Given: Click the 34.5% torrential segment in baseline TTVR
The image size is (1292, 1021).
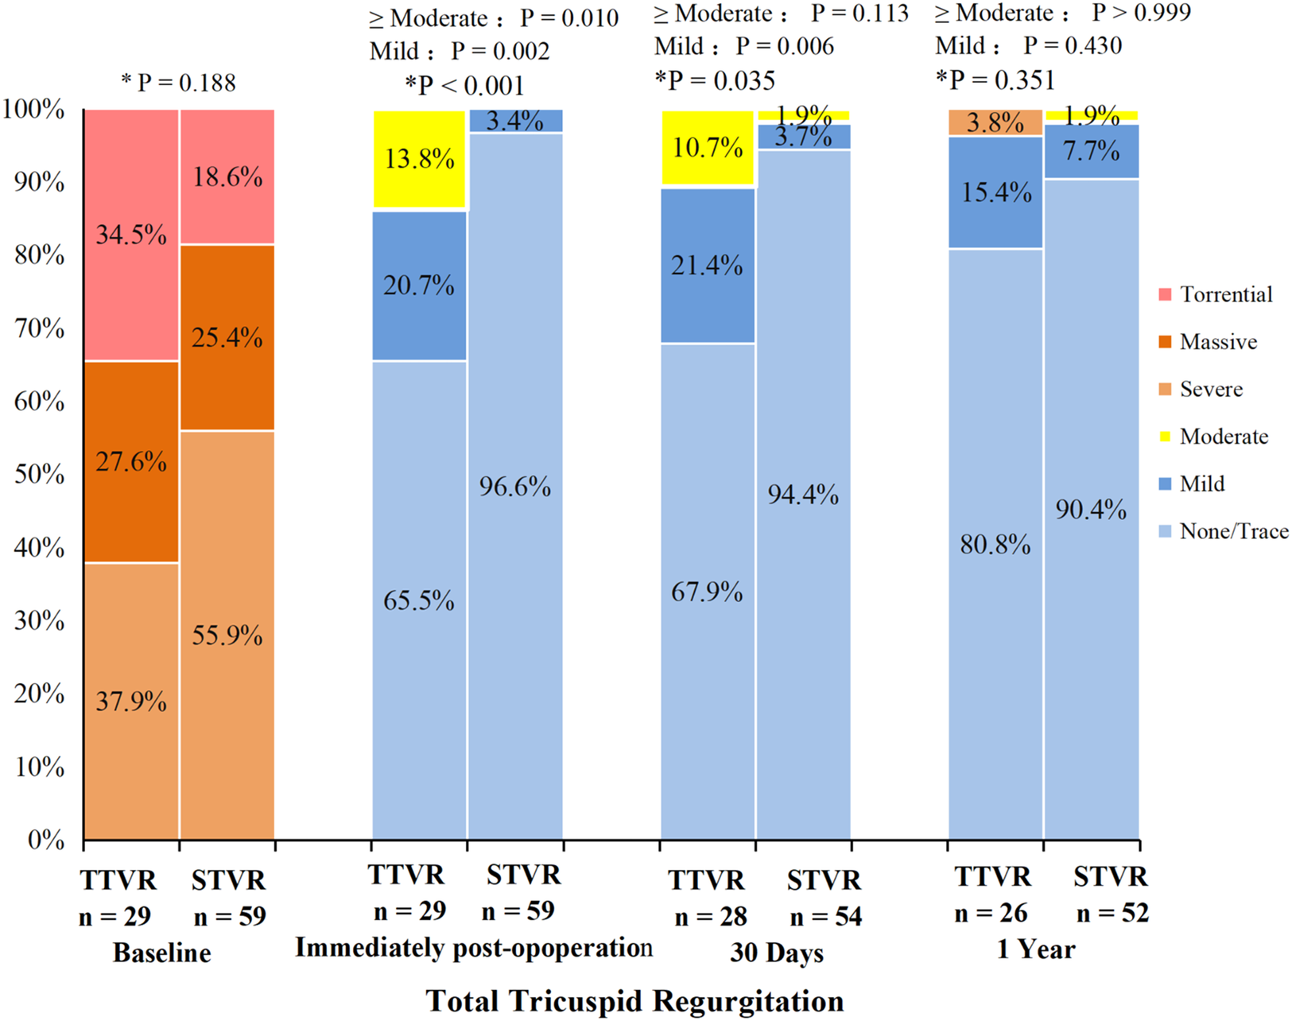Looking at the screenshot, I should [x=131, y=235].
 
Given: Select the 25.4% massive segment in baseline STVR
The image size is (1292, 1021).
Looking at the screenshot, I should [x=227, y=337].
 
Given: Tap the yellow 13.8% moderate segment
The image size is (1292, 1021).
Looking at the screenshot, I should [x=419, y=160].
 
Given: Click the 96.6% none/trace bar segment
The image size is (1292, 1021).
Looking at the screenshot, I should [x=515, y=486].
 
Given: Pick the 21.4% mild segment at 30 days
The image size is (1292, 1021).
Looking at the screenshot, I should [x=708, y=266].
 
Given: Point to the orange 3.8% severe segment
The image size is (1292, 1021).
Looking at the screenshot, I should [x=995, y=123].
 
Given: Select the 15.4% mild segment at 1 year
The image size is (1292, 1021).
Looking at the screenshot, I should [x=995, y=192].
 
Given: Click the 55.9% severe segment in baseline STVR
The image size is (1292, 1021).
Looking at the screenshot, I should [x=227, y=635].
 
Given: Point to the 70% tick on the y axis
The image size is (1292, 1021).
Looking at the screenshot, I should [x=39, y=328].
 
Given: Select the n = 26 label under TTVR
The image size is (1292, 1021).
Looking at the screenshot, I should [x=991, y=913].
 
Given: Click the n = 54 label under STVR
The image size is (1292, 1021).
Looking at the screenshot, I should [x=825, y=917].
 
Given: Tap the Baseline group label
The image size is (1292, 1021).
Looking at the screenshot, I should [x=162, y=953].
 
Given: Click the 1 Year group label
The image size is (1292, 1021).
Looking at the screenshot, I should [x=1036, y=949].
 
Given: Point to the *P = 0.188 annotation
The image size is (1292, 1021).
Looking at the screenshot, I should [x=178, y=83].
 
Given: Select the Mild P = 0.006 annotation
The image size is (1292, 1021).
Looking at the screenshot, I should [x=744, y=46].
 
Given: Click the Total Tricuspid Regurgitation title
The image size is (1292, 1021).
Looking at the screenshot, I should [x=634, y=1001].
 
